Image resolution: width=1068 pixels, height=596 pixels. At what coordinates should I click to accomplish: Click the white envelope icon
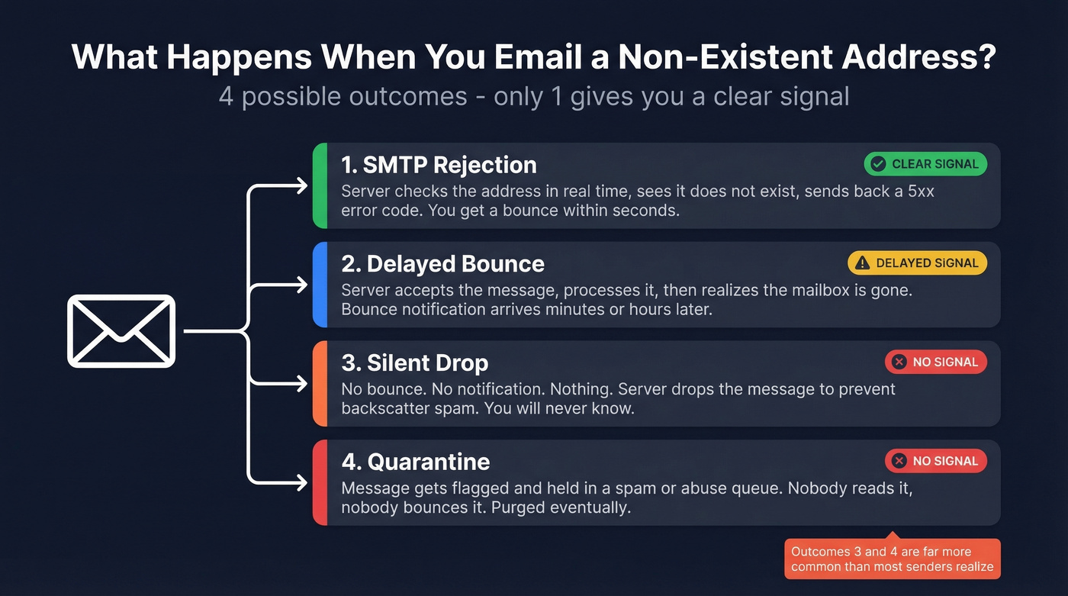[122, 331]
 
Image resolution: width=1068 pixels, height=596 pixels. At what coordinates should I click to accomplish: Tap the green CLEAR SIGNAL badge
[925, 164]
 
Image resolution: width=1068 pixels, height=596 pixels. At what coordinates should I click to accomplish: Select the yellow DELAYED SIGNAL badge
[917, 263]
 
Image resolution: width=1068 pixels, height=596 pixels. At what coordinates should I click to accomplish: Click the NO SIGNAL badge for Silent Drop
[935, 362]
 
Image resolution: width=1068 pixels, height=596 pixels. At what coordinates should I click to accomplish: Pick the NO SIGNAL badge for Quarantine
[935, 461]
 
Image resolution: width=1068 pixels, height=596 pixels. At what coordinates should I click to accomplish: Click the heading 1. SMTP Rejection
[439, 165]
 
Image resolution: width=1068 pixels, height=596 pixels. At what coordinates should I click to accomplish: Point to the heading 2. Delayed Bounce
[442, 264]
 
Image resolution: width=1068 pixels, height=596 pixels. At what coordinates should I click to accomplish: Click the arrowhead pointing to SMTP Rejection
[302, 185]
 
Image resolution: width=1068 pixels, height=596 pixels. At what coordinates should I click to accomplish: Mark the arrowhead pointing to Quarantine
[302, 482]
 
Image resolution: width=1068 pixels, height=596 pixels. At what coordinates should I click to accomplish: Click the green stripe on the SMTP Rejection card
[320, 185]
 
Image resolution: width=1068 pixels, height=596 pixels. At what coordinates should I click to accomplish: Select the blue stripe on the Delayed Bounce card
[320, 285]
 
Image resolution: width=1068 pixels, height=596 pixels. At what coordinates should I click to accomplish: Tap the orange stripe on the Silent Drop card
[320, 383]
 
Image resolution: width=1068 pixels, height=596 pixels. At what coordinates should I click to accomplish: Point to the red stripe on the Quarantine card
[320, 482]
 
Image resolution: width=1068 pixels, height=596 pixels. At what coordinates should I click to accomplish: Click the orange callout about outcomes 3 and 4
[892, 559]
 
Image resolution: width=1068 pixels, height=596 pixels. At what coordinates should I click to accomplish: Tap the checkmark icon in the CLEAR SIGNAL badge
[878, 164]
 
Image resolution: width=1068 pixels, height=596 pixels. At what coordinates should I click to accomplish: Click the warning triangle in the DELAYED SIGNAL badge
[862, 263]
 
